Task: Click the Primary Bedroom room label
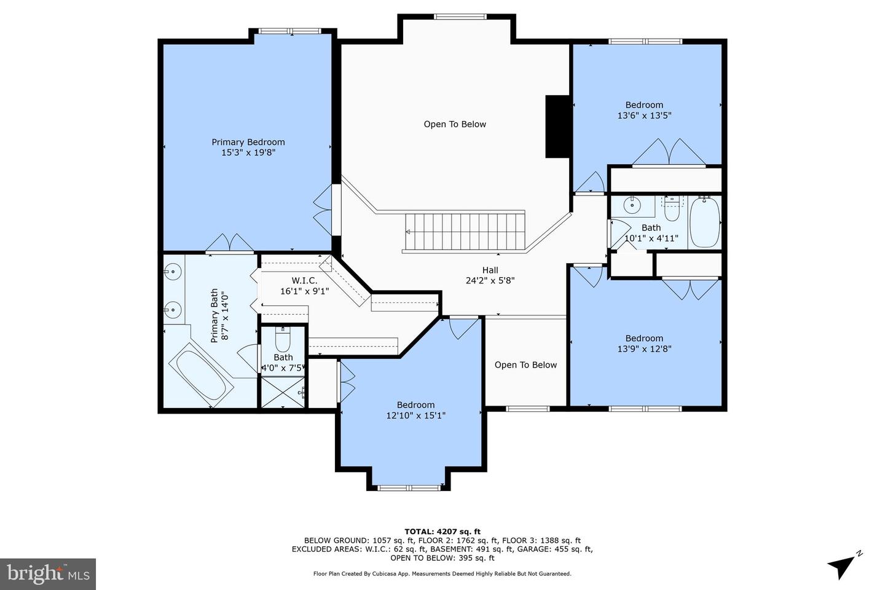pos(248,142)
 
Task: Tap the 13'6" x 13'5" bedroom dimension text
pos(644,116)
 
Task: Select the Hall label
pos(490,270)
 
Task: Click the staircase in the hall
pos(465,232)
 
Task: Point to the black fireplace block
pos(557,127)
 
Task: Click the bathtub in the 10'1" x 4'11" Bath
pos(705,222)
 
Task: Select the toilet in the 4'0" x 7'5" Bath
pos(283,339)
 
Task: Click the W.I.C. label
pos(304,281)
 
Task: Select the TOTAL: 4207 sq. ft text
pos(442,532)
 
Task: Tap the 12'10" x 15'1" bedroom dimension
pos(415,415)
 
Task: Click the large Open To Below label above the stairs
pos(455,124)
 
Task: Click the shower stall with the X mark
pos(283,392)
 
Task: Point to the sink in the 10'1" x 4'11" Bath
pos(632,205)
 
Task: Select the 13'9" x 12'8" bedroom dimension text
pos(644,349)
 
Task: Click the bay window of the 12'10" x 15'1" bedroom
pos(409,487)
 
